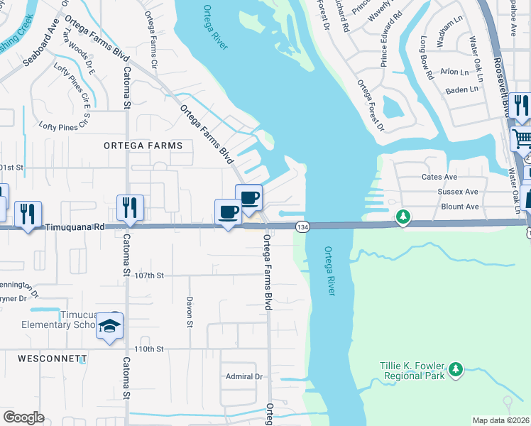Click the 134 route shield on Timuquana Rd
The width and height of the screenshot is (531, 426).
[x=302, y=226]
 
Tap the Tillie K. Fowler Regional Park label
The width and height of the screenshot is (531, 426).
[x=412, y=370]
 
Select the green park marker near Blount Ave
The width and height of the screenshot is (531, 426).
[x=403, y=216]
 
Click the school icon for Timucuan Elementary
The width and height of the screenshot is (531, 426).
[x=109, y=326]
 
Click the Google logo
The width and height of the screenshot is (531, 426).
[x=23, y=417]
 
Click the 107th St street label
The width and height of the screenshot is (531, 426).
[x=149, y=275]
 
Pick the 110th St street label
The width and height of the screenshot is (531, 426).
[x=149, y=349]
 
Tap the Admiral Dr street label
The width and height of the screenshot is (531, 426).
[x=243, y=376]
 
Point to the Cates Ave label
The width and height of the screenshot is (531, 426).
[x=439, y=177]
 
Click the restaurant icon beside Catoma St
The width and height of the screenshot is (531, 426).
[x=130, y=207]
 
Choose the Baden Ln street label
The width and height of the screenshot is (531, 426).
[x=458, y=90]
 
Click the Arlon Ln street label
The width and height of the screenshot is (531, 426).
[x=454, y=72]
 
